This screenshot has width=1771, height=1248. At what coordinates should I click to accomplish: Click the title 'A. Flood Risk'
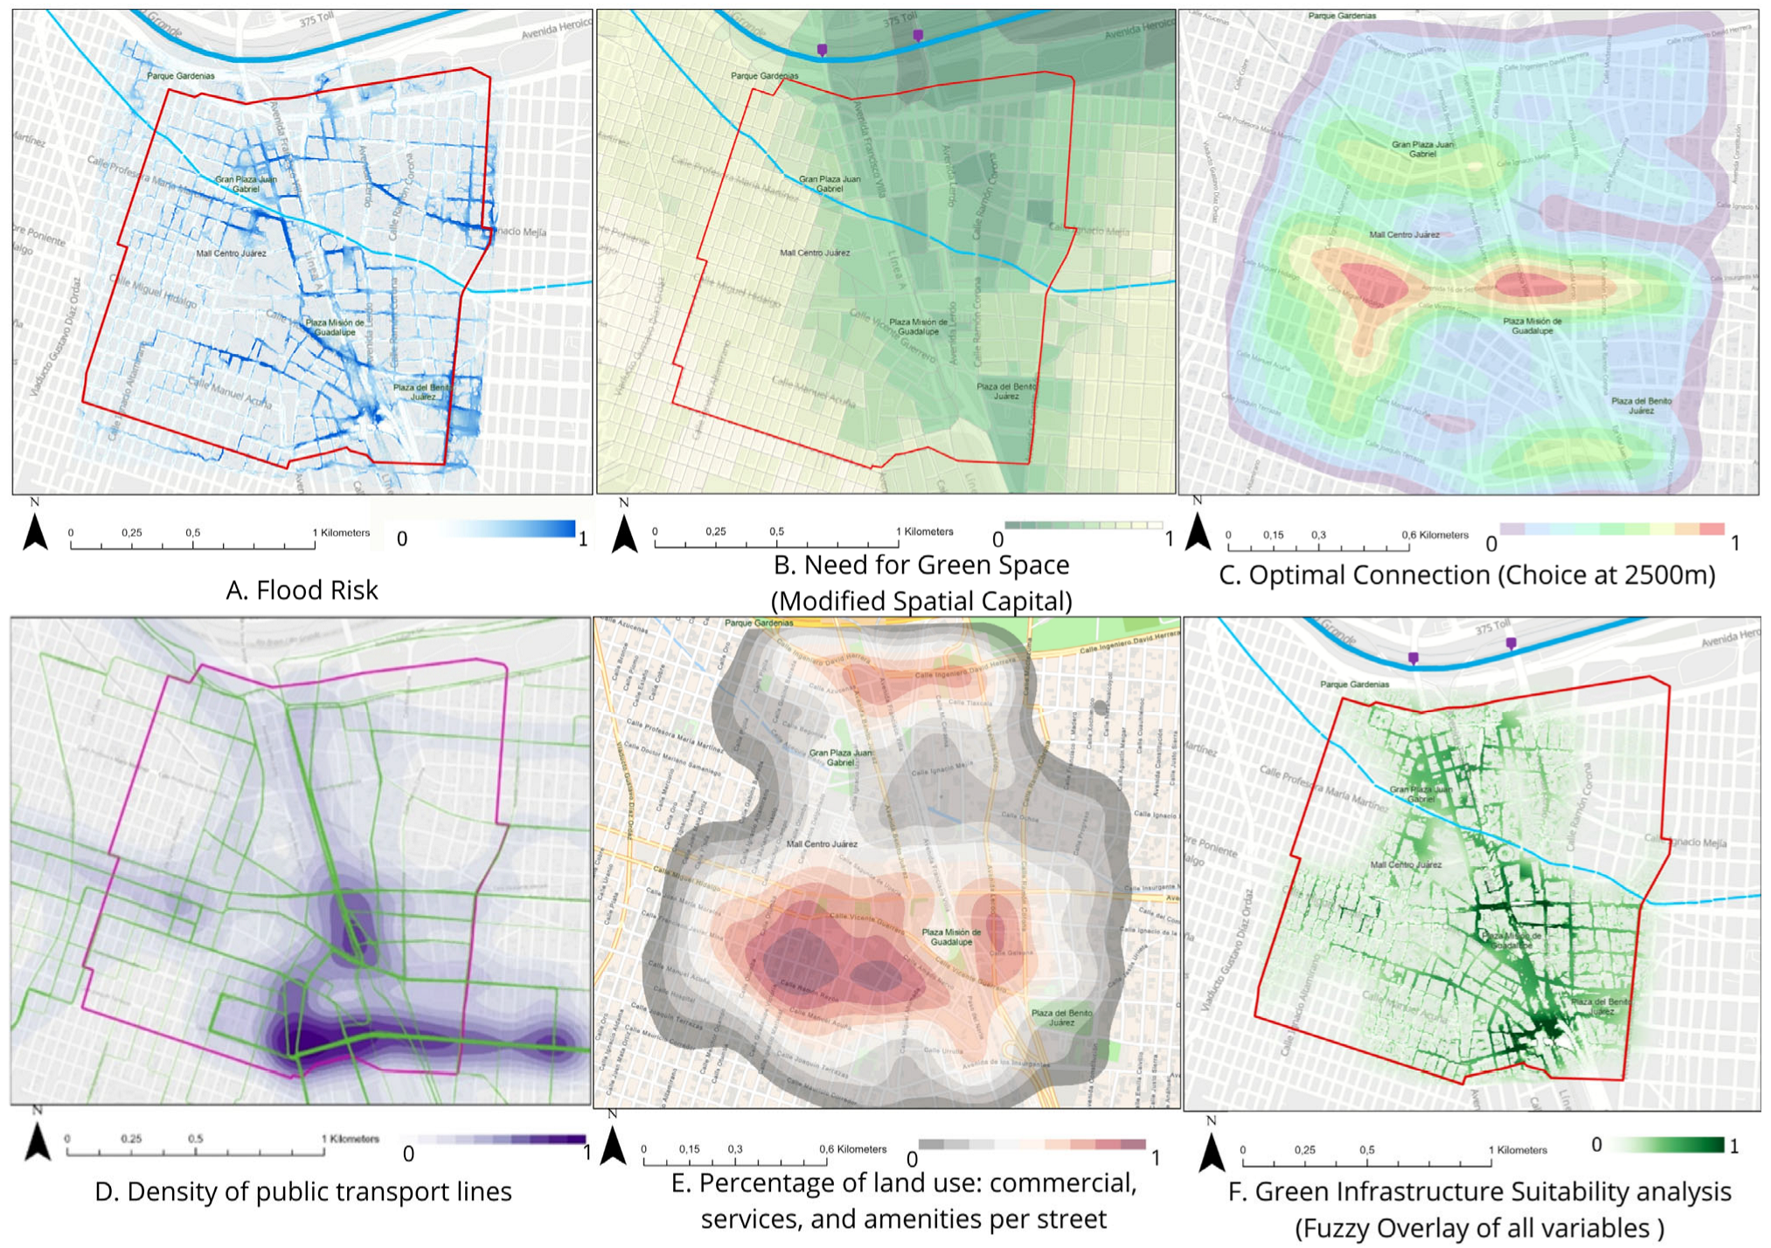click(302, 590)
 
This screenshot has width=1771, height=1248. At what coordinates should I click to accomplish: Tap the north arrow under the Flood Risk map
click(35, 531)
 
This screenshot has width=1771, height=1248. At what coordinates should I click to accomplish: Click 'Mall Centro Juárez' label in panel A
click(231, 253)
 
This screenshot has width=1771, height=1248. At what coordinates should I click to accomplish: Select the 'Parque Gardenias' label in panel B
click(764, 76)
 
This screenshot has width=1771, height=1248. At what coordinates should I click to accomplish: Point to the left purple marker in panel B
click(822, 51)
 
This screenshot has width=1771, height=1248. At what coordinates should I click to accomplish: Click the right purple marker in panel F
click(1511, 644)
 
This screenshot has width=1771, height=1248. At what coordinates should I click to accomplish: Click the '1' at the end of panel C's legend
click(1734, 544)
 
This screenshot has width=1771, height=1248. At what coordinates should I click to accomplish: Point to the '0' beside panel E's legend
click(912, 1159)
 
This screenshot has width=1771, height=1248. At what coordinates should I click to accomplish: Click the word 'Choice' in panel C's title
click(1538, 575)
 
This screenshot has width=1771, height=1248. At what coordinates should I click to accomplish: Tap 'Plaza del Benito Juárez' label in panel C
click(1641, 405)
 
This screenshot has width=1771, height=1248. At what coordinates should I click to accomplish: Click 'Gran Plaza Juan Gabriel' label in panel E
click(840, 757)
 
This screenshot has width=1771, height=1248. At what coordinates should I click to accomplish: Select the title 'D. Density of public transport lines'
click(302, 1191)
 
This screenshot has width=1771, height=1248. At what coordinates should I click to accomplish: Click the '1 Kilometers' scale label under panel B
click(924, 531)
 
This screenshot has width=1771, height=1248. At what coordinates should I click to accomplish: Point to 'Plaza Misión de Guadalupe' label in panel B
click(918, 326)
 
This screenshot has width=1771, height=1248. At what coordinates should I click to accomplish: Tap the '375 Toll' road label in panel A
click(316, 19)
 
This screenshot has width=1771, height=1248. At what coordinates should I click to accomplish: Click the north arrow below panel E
click(614, 1146)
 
